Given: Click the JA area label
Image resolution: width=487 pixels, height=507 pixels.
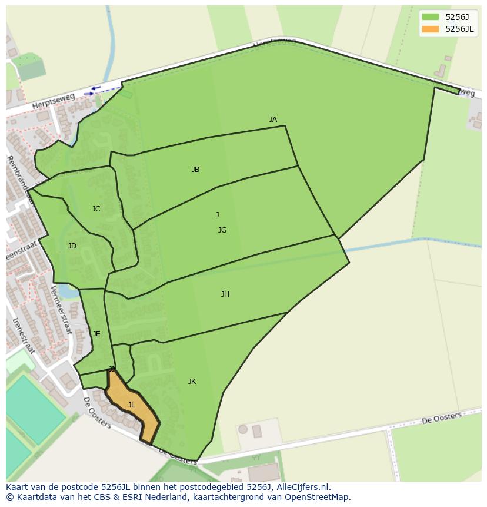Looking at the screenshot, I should point(273,120).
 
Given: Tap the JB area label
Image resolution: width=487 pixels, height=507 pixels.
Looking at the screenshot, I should point(195,170).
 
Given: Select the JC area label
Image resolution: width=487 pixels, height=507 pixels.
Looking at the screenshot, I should point(96,209).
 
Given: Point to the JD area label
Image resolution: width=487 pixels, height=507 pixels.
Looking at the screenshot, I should point(72,246).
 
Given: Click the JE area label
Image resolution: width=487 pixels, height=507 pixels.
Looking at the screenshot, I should point(96,334).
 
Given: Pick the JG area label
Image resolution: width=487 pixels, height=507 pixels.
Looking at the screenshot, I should point(222,230).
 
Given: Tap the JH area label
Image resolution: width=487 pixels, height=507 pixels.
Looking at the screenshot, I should point(225,294).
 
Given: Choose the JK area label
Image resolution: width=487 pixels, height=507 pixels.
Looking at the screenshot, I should point(192,382).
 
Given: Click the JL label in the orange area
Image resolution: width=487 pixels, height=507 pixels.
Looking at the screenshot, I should point(132,405).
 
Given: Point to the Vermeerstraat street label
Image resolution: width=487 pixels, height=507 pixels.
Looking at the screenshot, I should point(61,309).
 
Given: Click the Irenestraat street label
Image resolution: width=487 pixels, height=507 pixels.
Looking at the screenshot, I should point(23,336).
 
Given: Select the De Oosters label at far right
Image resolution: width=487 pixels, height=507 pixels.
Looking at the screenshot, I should point(442,418).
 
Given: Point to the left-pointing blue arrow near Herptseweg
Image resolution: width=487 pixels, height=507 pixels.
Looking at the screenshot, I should point(96,88).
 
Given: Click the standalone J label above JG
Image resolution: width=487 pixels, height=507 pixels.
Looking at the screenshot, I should point(217,215).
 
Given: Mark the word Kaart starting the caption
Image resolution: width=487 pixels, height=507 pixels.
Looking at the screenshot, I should point(17,487).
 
